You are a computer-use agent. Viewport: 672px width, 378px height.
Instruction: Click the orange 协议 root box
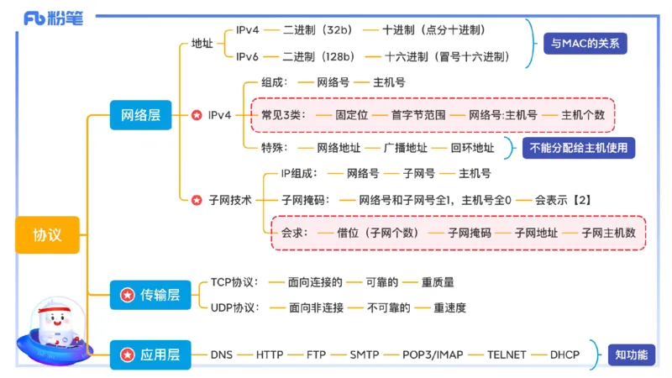(47, 234)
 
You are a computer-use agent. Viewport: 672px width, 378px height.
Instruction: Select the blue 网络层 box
(140, 114)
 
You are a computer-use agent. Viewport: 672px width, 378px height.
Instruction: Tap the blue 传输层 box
(150, 295)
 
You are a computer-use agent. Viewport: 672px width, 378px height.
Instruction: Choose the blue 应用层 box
(150, 354)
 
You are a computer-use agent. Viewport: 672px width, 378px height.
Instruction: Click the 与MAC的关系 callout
(585, 44)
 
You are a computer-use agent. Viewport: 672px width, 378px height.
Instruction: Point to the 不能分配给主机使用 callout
(578, 148)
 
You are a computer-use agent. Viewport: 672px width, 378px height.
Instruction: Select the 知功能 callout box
(632, 354)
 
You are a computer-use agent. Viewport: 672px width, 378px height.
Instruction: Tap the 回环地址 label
(472, 148)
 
